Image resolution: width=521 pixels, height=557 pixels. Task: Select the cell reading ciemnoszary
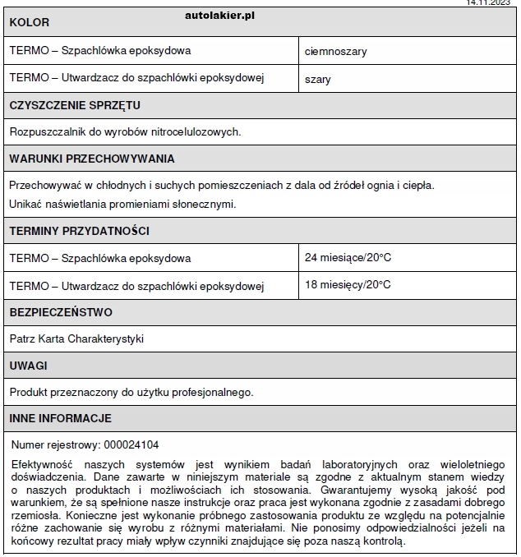335,51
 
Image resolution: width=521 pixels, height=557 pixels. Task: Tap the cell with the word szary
318,79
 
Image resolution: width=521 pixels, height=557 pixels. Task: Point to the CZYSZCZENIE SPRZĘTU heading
75,105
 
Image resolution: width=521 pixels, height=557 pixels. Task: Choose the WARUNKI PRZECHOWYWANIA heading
92,159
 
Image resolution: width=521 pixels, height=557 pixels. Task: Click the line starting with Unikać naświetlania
122,204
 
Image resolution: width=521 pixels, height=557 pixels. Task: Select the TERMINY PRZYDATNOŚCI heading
79,231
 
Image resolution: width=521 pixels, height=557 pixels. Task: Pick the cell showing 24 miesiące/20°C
348,258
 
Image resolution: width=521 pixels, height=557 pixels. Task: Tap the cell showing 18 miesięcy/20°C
348,285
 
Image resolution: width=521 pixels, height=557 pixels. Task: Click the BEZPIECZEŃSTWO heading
61,312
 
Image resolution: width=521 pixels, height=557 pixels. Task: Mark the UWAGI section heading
29,365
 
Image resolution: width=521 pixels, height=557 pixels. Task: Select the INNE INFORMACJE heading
61,418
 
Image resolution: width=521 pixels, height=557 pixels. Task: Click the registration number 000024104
131,444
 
